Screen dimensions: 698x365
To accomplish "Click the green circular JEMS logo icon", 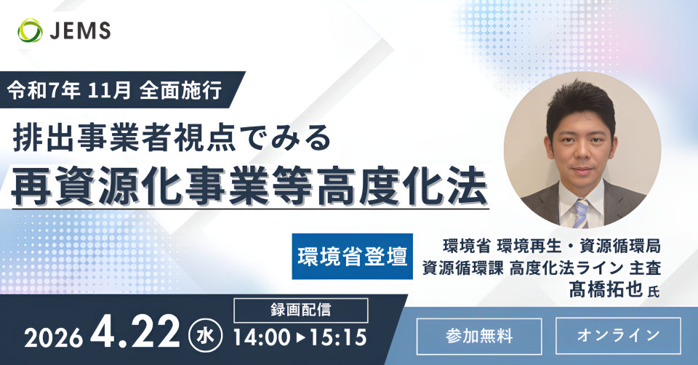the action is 31,31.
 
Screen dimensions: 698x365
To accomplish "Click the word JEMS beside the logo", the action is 80,31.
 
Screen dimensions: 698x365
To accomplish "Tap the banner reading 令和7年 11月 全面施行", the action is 116,90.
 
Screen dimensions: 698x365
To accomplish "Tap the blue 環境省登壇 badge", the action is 352,257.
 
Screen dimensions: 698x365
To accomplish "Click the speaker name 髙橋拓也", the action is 606,289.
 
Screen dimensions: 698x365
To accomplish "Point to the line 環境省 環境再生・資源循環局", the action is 552,246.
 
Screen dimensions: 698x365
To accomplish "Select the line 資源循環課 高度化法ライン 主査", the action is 541,268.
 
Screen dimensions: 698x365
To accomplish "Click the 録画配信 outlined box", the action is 301,310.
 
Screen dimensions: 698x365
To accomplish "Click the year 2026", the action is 53,338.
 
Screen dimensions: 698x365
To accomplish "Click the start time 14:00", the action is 262,337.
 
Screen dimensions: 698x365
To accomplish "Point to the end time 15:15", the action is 338,337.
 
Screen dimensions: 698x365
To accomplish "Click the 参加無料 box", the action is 479,336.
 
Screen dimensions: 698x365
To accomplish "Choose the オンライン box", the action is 618,336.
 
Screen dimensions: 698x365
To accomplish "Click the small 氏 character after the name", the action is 653,292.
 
